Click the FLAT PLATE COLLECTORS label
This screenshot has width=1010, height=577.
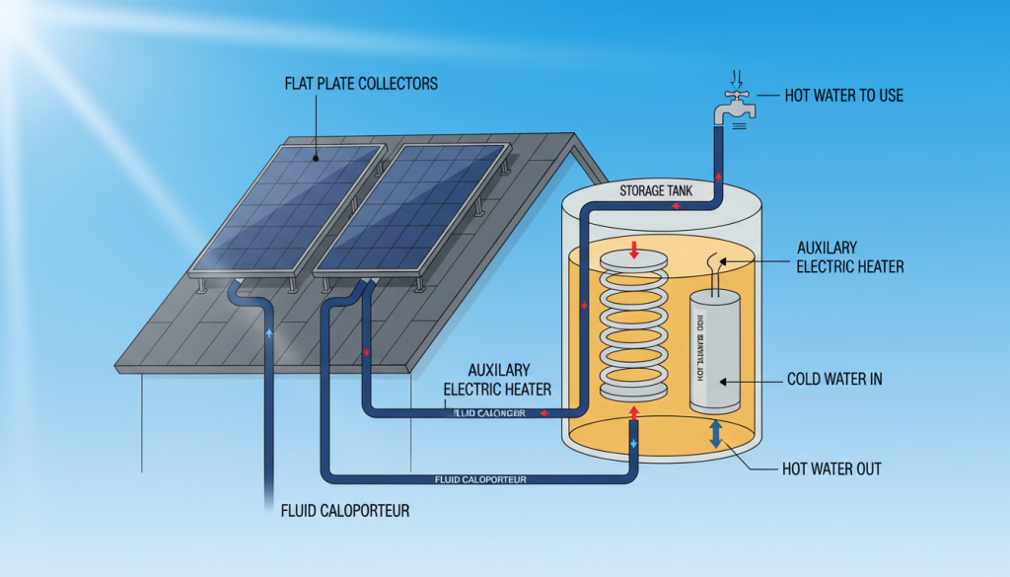360,84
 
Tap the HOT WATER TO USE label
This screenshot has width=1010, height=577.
843,96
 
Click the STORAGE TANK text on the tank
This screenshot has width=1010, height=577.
655,189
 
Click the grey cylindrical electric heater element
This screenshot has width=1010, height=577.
715,350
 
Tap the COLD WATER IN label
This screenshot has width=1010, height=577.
834,379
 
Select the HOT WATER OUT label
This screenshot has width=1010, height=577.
830,469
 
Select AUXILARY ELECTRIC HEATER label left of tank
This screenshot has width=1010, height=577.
497,381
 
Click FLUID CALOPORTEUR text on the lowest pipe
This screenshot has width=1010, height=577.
480,479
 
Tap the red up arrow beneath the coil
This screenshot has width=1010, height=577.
633,411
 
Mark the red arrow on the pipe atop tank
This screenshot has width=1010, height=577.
676,207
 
